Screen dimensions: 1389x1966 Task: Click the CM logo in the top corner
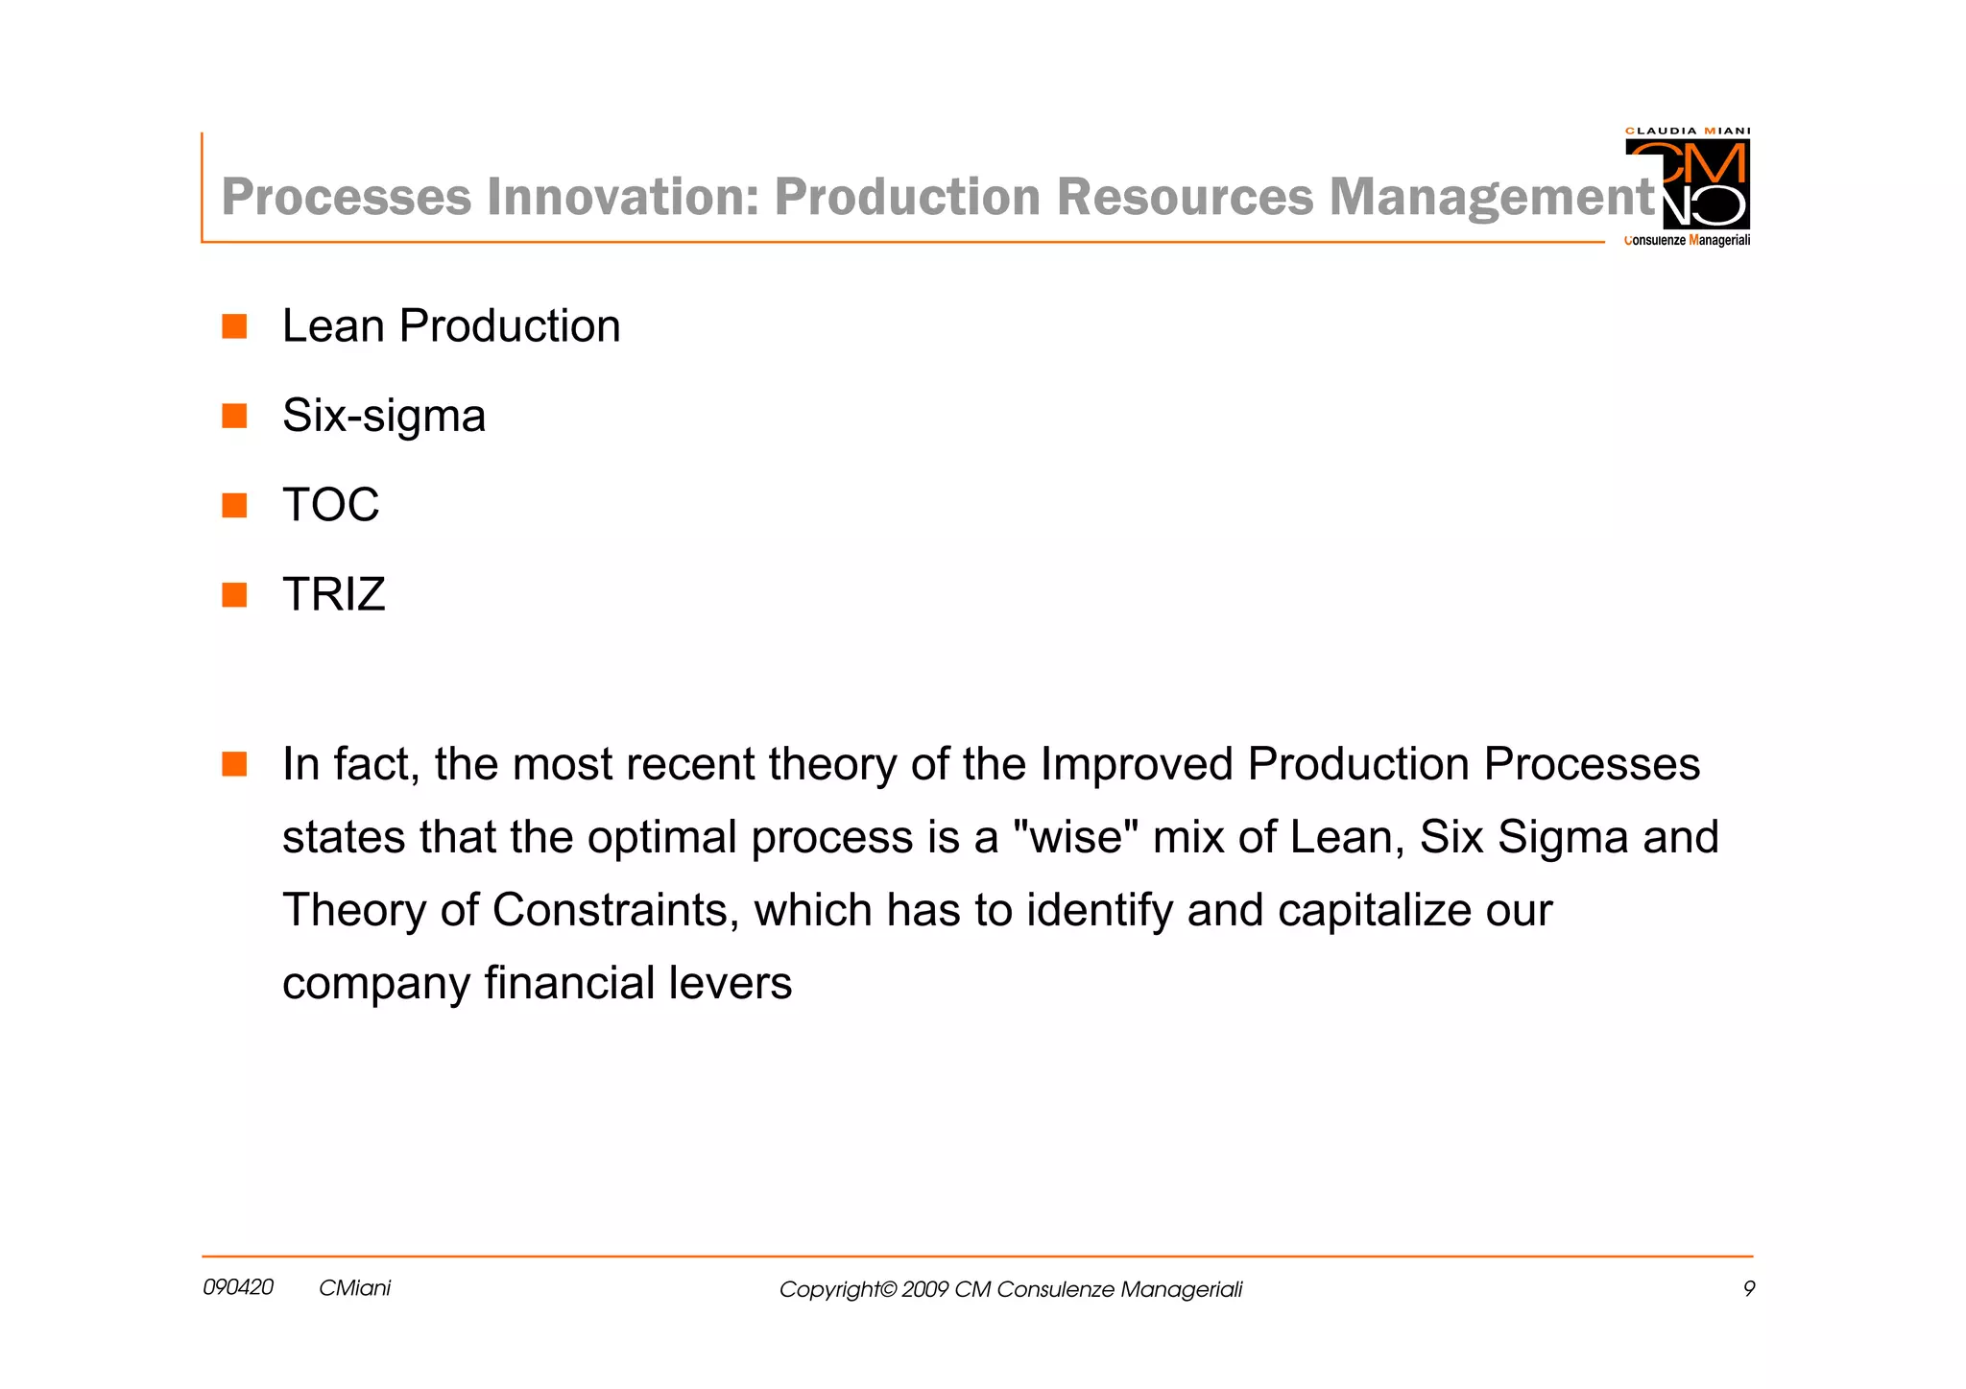[1687, 182]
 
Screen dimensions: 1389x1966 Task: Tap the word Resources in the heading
[1185, 197]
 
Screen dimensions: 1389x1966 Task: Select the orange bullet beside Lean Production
[234, 326]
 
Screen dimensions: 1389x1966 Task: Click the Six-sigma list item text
[384, 416]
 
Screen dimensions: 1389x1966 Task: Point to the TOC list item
[330, 505]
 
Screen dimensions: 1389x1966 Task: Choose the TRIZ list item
[333, 594]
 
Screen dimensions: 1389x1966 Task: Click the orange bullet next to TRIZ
[234, 595]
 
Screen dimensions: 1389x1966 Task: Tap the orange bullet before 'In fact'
[234, 764]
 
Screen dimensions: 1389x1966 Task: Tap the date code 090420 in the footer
[238, 1287]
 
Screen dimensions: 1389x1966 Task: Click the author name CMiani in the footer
[354, 1288]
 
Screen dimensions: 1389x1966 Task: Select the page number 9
[1748, 1289]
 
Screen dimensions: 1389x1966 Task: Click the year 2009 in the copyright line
[924, 1289]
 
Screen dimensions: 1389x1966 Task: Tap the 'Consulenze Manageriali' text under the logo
[1687, 240]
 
